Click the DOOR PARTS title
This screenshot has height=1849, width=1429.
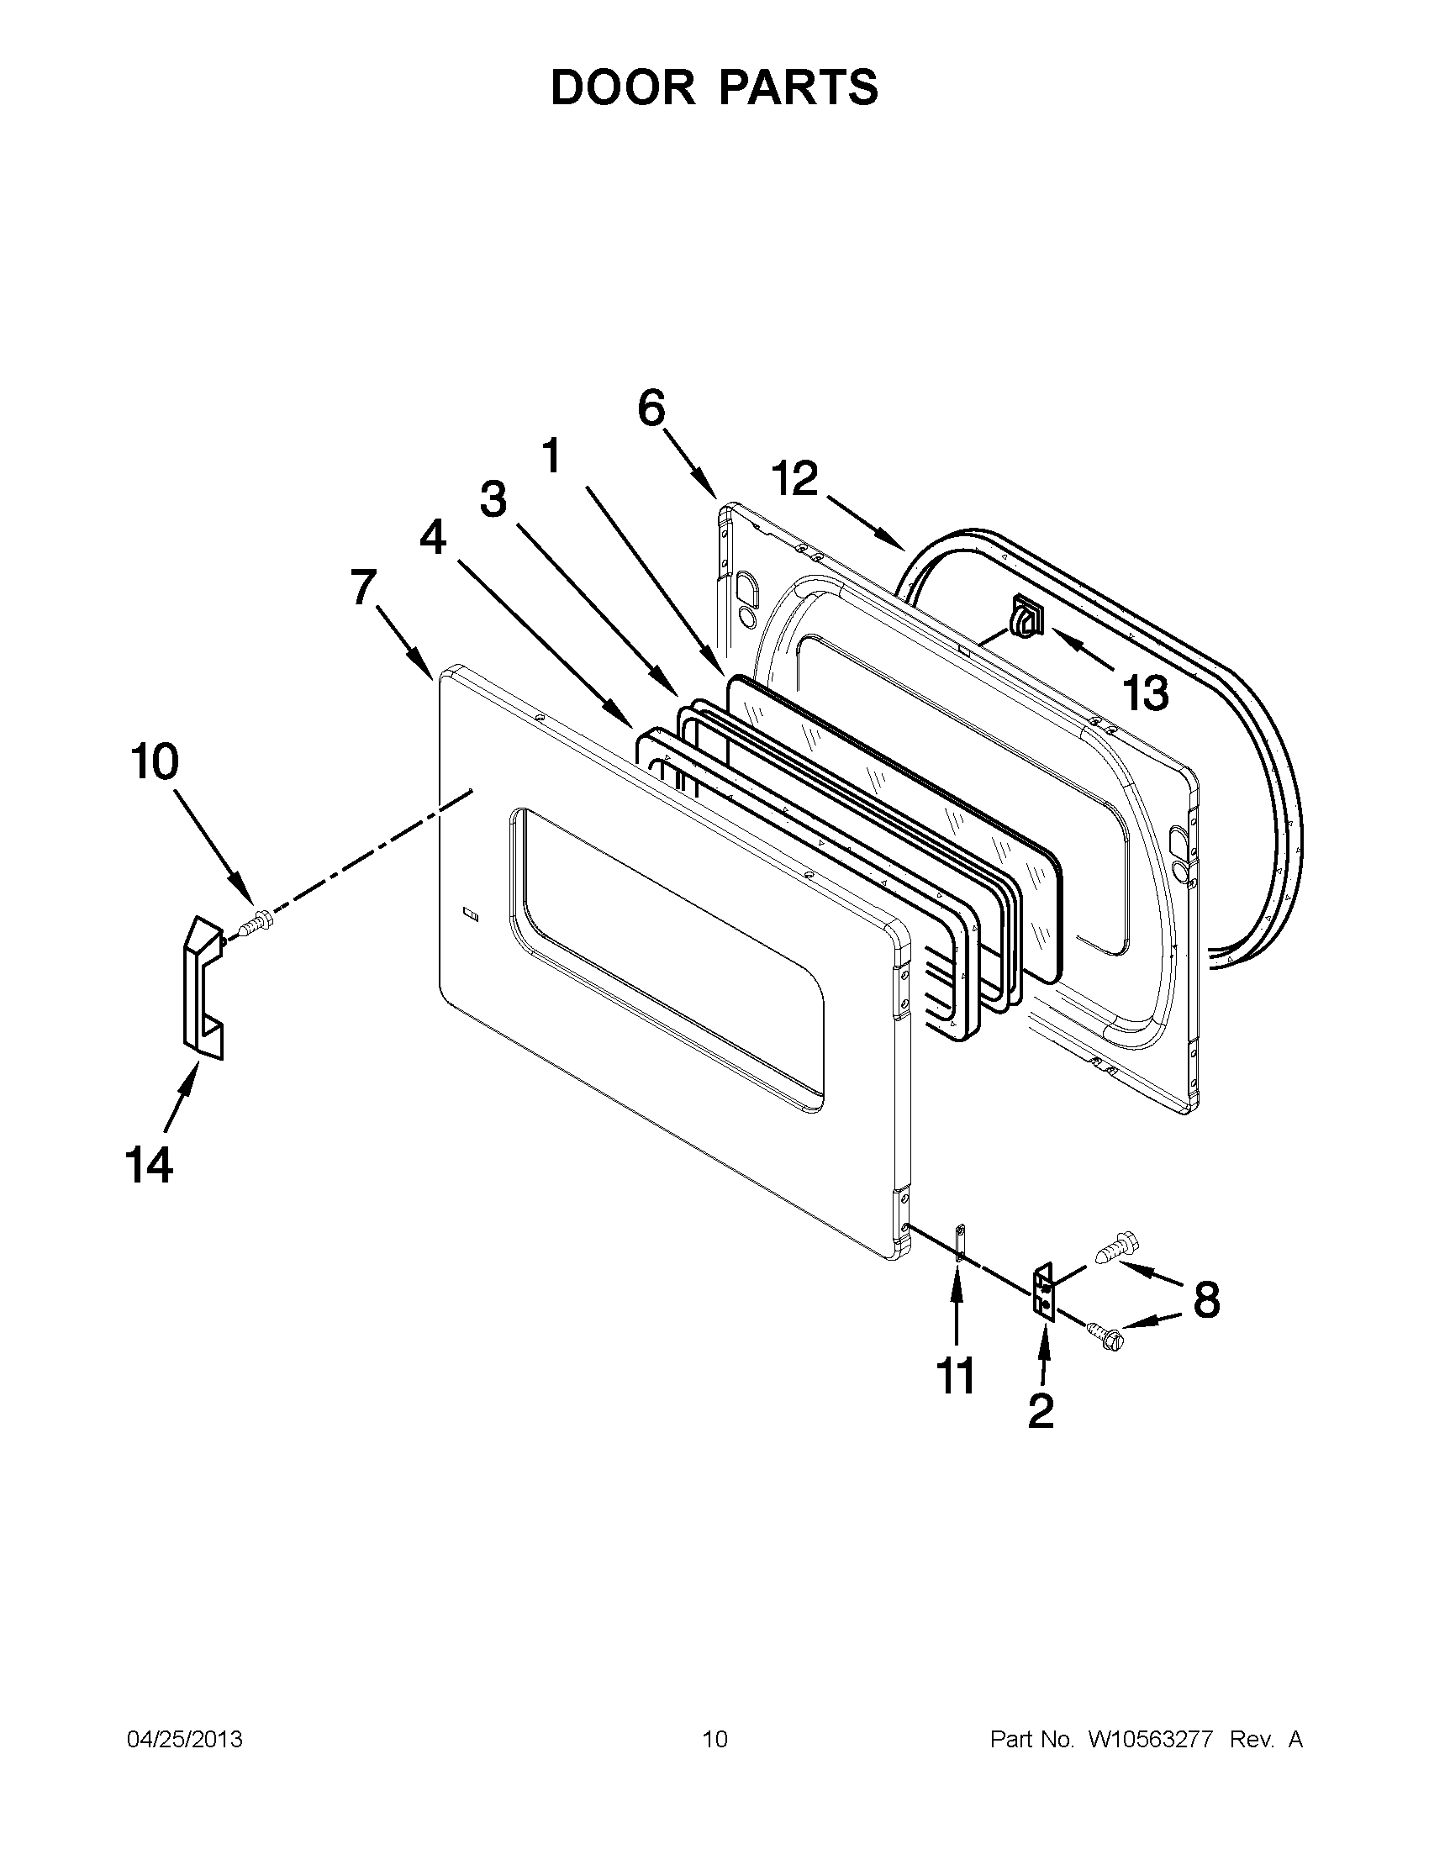[714, 87]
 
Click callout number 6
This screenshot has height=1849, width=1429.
[651, 409]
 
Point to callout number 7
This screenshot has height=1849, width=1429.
[363, 587]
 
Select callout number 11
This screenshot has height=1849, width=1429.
[956, 1376]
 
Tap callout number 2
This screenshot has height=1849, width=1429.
[1041, 1410]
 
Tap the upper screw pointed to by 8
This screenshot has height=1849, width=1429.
[1117, 1249]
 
